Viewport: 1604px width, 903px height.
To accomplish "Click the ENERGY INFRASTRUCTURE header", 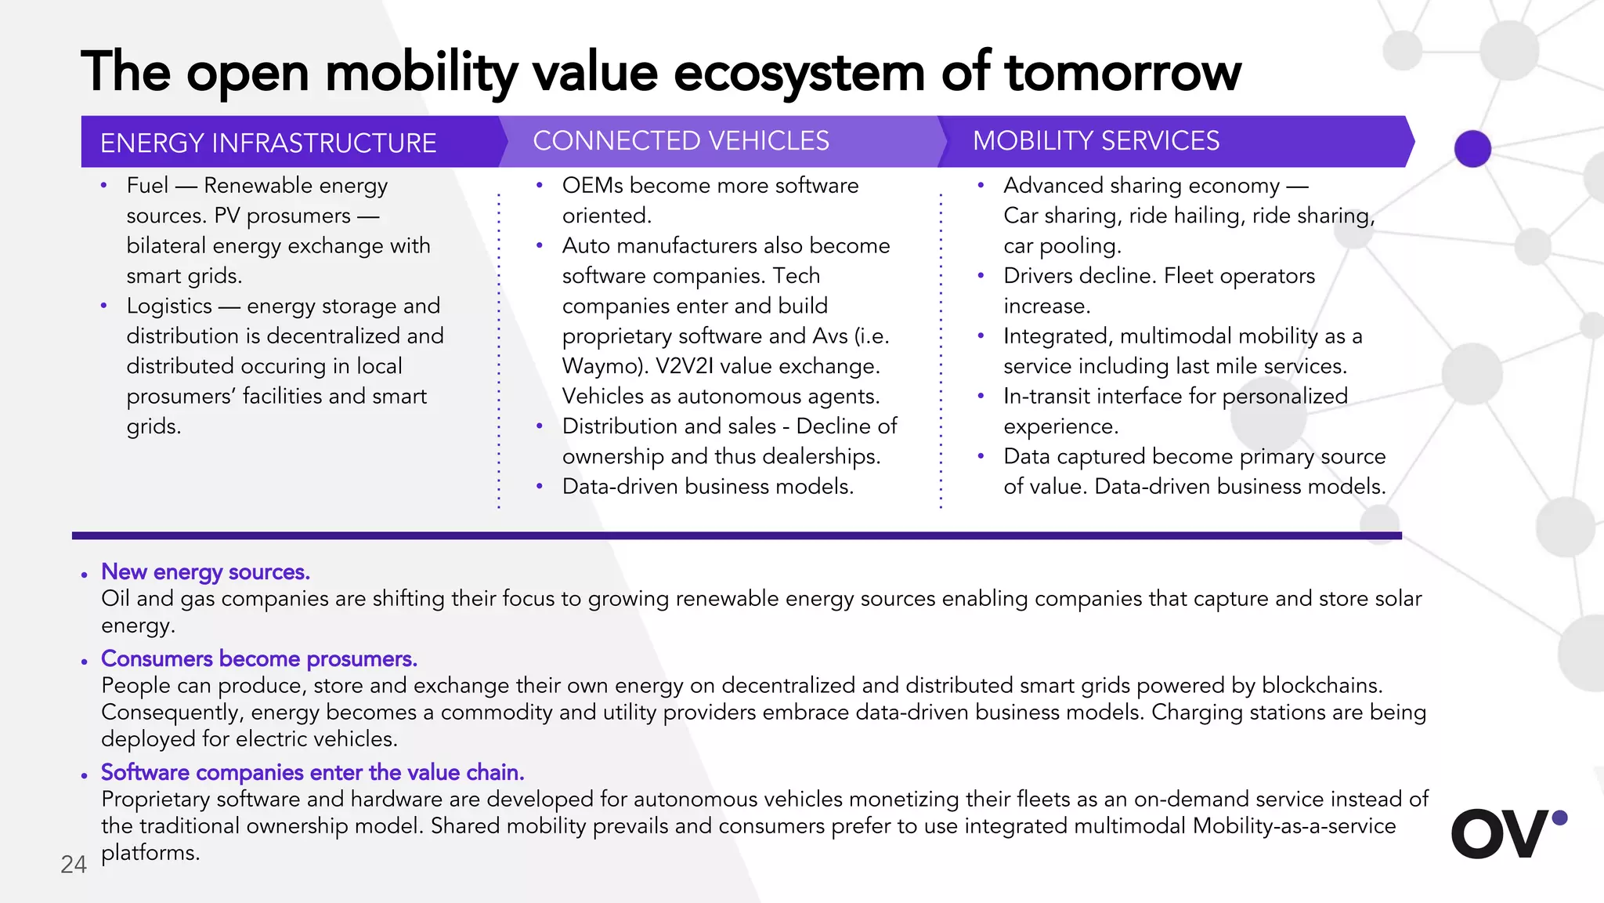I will pyautogui.click(x=268, y=143).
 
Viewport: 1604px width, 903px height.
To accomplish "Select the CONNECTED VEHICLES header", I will pyautogui.click(x=681, y=141).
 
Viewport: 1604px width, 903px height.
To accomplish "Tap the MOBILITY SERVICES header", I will pyautogui.click(x=1096, y=141).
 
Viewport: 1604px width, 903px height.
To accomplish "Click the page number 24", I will pyautogui.click(x=74, y=864).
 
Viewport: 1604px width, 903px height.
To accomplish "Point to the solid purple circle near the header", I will pyautogui.click(x=1472, y=149).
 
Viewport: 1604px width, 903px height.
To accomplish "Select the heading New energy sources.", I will pyautogui.click(x=205, y=572).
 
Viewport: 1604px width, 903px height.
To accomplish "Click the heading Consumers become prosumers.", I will pyautogui.click(x=258, y=658).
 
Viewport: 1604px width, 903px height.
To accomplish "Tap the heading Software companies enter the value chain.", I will pyautogui.click(x=312, y=772).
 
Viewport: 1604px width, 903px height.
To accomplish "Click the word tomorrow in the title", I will pyautogui.click(x=1122, y=72).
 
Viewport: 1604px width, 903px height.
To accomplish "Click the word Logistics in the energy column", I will pyautogui.click(x=169, y=306).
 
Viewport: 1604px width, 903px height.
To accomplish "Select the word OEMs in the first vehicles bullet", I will pyautogui.click(x=593, y=186).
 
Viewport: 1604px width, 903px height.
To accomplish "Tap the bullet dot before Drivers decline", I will pyautogui.click(x=981, y=276).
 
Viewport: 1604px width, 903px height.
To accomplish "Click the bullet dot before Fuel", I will pyautogui.click(x=103, y=186).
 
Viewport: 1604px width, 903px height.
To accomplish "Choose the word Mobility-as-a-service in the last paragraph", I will pyautogui.click(x=1294, y=826).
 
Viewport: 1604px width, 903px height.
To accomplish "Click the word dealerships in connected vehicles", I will pyautogui.click(x=820, y=456).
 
